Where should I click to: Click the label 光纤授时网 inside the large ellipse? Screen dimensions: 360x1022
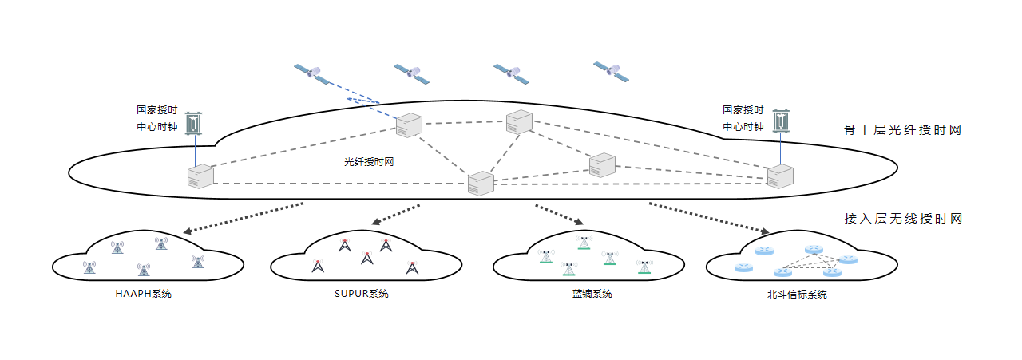coord(370,161)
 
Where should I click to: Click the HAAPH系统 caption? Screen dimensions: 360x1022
coord(144,294)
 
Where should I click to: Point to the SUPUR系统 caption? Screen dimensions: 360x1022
coord(362,294)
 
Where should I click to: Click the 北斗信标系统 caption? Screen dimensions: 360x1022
coord(795,294)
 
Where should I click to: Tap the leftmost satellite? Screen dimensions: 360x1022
coord(311,74)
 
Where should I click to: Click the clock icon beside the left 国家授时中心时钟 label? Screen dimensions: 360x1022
coord(194,123)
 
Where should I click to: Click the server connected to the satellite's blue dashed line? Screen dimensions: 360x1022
coord(409,125)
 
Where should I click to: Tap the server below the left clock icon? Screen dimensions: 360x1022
coord(200,176)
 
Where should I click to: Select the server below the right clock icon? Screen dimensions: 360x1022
coord(780,176)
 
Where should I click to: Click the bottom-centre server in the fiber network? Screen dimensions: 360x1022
coord(481,183)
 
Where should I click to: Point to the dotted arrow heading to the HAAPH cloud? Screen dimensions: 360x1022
coord(244,218)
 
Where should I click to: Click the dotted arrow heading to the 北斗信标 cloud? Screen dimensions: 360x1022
coord(709,218)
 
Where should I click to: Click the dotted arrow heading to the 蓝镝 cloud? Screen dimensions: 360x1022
coord(560,215)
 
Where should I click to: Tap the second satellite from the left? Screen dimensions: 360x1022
coord(413,74)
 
